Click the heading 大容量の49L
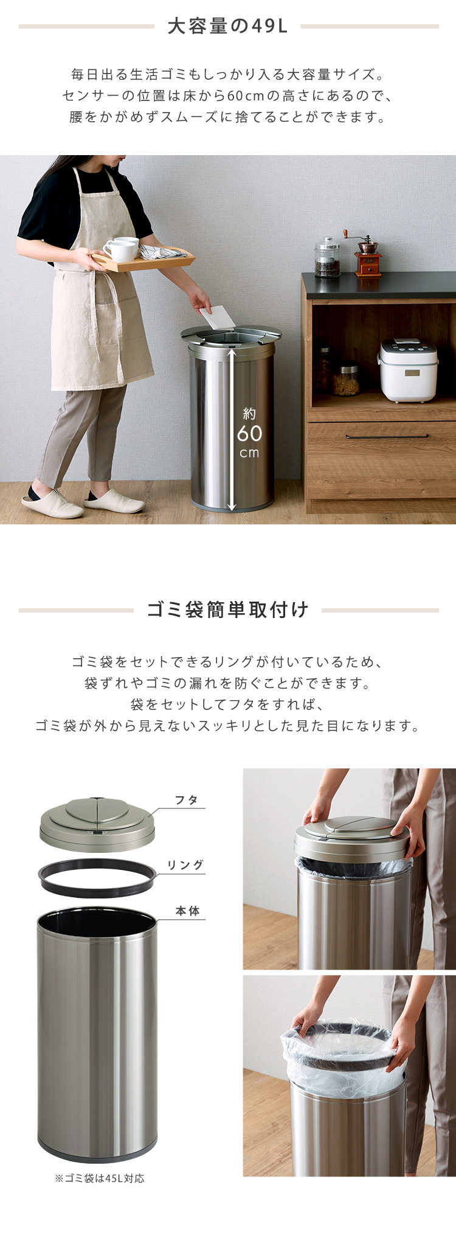tap(227, 27)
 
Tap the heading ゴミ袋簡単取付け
tap(227, 610)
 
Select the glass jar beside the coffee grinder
tap(327, 258)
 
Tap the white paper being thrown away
tap(218, 318)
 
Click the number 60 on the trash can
tap(249, 433)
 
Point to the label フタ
tap(186, 800)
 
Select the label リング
tap(185, 864)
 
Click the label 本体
tap(187, 911)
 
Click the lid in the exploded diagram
tap(97, 824)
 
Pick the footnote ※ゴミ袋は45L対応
tap(100, 1178)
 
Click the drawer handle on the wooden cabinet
tap(387, 436)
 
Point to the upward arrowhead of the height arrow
tap(232, 352)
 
